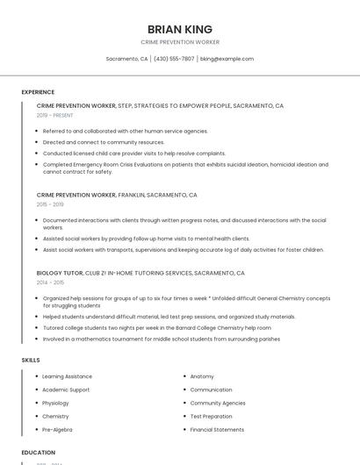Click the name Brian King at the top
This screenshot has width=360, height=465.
[180, 29]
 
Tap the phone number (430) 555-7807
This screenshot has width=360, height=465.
[174, 59]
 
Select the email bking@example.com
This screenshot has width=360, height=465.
[227, 59]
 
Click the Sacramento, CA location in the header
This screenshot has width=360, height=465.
[127, 59]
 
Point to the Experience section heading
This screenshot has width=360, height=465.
[38, 92]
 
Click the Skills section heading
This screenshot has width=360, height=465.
[31, 361]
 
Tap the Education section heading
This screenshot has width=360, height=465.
[39, 453]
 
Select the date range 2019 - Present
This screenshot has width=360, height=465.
[55, 115]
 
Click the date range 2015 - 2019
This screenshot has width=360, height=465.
[50, 204]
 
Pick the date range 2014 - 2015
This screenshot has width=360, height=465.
[50, 283]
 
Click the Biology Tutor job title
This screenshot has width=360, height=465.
[60, 273]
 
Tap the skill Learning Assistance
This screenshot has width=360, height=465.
[67, 376]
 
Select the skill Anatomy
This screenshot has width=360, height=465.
[202, 376]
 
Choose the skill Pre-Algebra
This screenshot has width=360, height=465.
[57, 430]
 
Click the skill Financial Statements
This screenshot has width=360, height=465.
[217, 430]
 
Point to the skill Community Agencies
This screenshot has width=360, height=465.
[218, 403]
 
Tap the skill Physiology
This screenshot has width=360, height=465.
[55, 403]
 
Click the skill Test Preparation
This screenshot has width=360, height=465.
[212, 417]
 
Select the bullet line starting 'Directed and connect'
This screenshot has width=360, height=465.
[104, 142]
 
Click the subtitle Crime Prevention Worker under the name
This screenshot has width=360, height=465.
[180, 42]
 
